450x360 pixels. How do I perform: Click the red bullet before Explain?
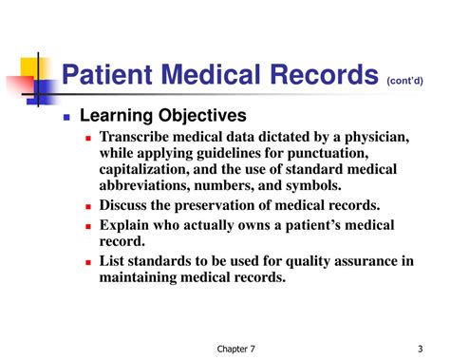click(88, 226)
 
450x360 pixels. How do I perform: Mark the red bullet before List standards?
click(88, 263)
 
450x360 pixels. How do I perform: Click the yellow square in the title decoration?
click(31, 61)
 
